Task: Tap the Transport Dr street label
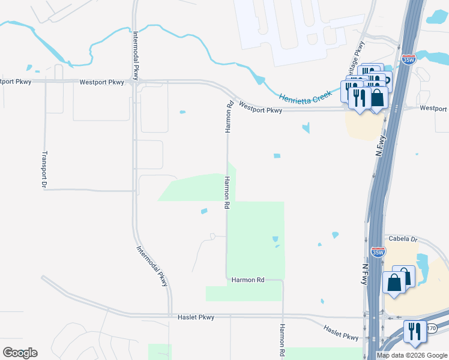(44, 169)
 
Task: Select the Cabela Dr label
(400, 239)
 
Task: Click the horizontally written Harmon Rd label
(248, 280)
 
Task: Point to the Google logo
(20, 353)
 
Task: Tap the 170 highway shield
(431, 329)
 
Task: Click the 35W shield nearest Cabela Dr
(378, 252)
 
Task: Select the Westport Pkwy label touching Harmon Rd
(260, 107)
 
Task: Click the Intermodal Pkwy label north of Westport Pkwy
(137, 55)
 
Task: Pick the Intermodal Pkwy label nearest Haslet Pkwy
(152, 266)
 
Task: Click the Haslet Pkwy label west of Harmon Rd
(196, 317)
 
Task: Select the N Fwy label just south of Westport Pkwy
(379, 146)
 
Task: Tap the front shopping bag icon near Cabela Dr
(394, 282)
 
